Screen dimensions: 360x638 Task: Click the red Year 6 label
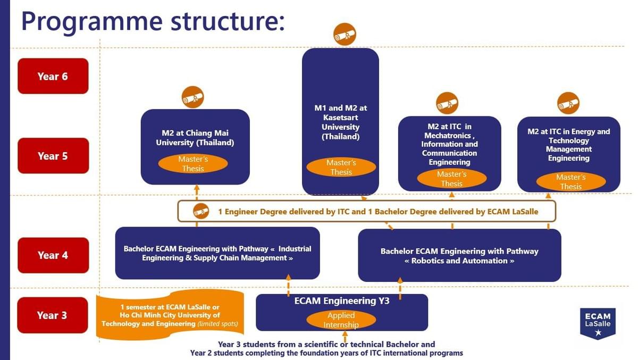pos(53,76)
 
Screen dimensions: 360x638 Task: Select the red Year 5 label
pos(53,156)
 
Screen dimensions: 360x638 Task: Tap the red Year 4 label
pos(53,255)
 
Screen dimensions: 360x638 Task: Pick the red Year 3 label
pos(52,315)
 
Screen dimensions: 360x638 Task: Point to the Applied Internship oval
pos(341,320)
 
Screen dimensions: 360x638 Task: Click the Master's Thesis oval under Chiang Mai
pos(193,164)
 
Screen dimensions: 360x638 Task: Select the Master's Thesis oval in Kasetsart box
pos(341,167)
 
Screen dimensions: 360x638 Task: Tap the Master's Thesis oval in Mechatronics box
pos(451,179)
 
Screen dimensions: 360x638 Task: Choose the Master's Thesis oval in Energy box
pos(570,182)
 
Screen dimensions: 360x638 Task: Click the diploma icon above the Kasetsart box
pos(345,34)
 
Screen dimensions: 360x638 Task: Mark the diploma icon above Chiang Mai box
pos(192,97)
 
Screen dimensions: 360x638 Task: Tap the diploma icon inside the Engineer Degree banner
pos(200,211)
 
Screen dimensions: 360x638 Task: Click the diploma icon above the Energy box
pos(568,103)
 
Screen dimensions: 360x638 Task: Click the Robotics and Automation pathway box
pos(459,256)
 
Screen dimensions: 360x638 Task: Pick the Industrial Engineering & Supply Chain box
pos(217,253)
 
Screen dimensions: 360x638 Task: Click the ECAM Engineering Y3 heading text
pos(342,301)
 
